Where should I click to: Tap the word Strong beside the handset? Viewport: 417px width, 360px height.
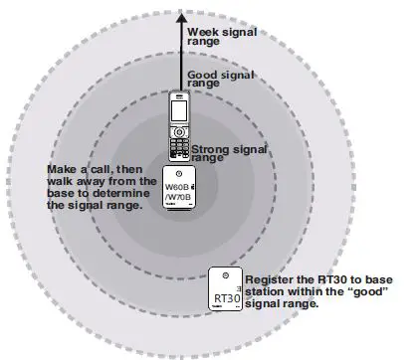click(x=212, y=148)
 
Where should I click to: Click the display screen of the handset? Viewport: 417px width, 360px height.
click(x=178, y=131)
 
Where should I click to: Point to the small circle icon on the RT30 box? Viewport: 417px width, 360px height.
click(x=225, y=275)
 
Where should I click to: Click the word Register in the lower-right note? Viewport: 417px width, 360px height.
click(x=271, y=280)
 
